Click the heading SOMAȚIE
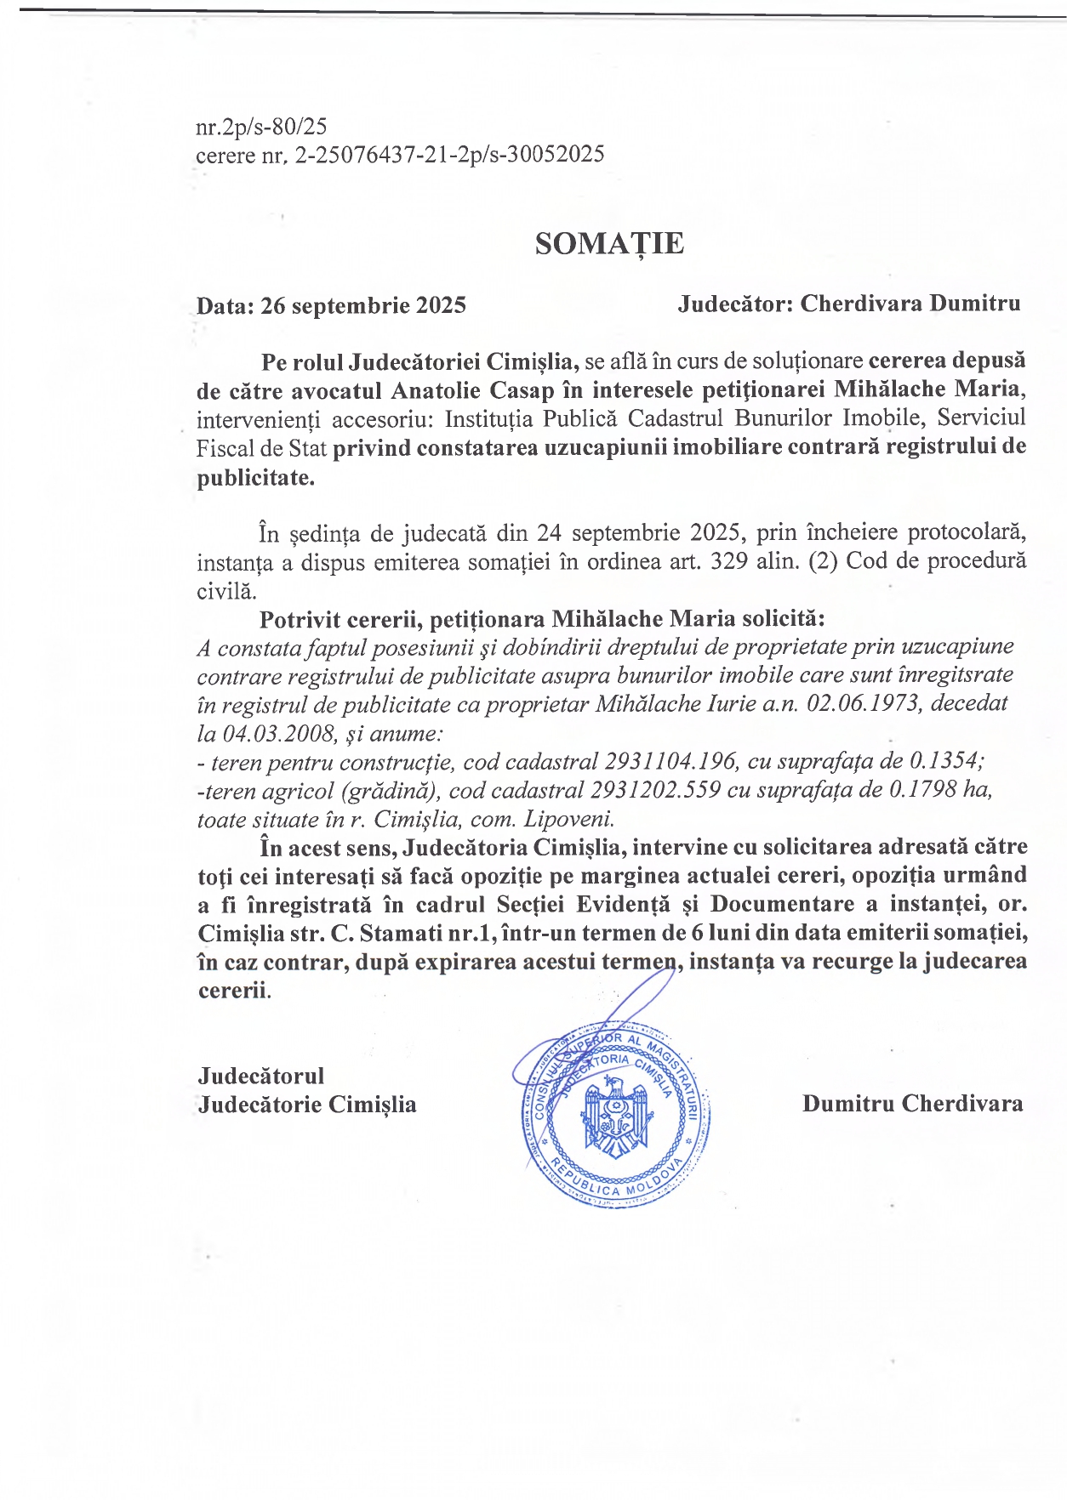coord(609,244)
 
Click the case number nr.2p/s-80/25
coord(261,127)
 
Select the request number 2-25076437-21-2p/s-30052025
coord(449,155)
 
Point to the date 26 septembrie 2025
coord(363,305)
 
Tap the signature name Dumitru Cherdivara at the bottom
coord(912,1104)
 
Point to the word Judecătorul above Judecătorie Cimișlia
coord(261,1076)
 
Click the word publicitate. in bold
coord(255,478)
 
